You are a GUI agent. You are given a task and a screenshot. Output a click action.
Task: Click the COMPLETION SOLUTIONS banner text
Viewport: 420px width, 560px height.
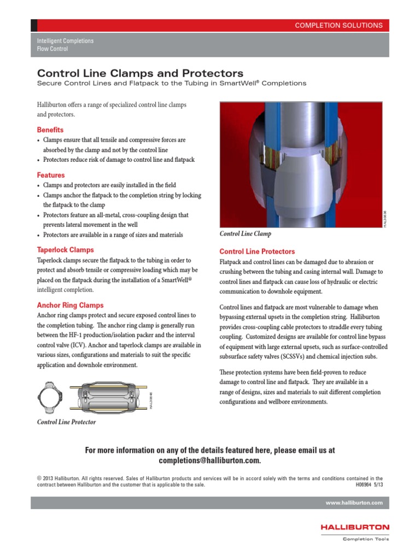point(339,25)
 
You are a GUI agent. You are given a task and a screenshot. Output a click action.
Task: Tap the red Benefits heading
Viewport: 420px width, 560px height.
point(50,130)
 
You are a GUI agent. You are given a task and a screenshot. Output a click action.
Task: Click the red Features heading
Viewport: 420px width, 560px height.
point(51,176)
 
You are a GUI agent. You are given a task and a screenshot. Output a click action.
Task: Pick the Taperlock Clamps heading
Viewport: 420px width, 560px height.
point(65,249)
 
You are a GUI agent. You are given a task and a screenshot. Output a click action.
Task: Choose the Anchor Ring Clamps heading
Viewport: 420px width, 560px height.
point(70,305)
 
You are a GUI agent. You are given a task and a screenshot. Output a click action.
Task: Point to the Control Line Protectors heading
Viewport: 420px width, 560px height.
point(257,252)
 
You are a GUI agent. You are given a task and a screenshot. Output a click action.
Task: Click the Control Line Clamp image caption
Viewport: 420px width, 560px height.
point(246,234)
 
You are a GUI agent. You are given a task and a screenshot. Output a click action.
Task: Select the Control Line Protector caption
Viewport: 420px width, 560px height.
point(66,422)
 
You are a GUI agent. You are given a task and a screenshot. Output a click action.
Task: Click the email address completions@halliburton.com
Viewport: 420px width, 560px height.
point(210,461)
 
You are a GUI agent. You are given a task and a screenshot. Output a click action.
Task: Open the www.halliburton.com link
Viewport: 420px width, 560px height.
point(354,503)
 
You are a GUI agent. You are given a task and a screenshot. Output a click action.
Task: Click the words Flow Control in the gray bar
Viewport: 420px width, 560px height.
point(52,49)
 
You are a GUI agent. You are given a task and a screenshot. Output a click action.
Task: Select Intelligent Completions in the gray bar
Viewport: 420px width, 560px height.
point(65,41)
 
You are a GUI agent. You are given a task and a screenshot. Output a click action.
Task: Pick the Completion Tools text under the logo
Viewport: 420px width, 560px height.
point(365,539)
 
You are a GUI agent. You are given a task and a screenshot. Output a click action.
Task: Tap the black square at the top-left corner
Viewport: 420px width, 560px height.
point(34,25)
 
